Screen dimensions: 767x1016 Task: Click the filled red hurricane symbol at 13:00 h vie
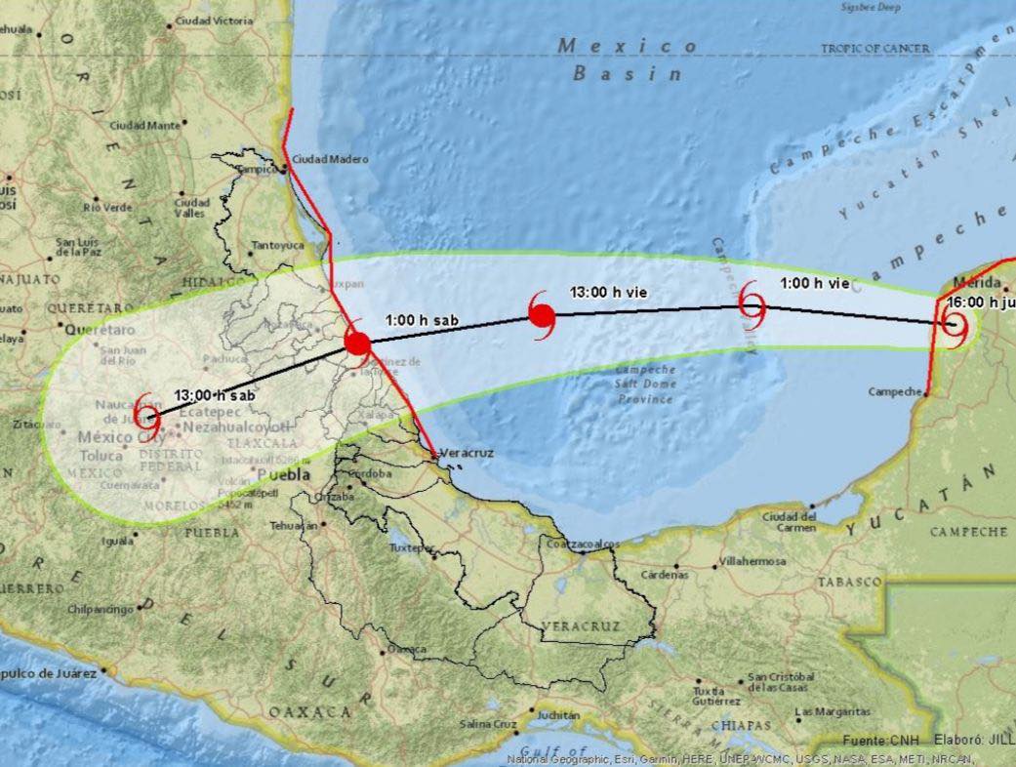pyautogui.click(x=542, y=315)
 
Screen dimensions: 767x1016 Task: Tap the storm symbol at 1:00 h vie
pyautogui.click(x=752, y=305)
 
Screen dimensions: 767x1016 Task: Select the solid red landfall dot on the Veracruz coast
pyautogui.click(x=358, y=343)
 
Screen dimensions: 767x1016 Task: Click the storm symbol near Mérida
pyautogui.click(x=955, y=327)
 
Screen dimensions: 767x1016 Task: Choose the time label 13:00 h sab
pyautogui.click(x=213, y=396)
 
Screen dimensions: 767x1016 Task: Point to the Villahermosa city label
pyautogui.click(x=752, y=563)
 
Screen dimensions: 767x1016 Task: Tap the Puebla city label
pyautogui.click(x=285, y=474)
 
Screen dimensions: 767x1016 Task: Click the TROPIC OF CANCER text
pyautogui.click(x=875, y=48)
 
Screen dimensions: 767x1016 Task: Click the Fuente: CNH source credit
pyautogui.click(x=877, y=741)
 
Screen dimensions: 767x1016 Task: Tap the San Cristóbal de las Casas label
pyautogui.click(x=781, y=681)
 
